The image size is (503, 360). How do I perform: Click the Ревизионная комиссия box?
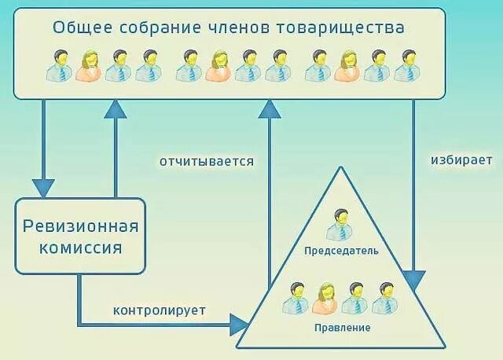point(81,237)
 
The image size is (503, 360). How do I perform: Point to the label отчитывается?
point(207,162)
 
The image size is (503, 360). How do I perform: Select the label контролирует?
point(160,310)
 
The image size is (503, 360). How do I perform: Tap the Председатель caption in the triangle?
point(340,252)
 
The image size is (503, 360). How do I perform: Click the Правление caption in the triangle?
point(340,326)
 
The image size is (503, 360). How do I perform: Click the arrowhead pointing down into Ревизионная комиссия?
point(42,189)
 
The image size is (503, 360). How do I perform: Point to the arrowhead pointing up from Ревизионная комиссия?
point(116,108)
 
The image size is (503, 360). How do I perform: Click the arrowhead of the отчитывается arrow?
point(270,109)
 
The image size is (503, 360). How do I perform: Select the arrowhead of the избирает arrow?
point(414,281)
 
